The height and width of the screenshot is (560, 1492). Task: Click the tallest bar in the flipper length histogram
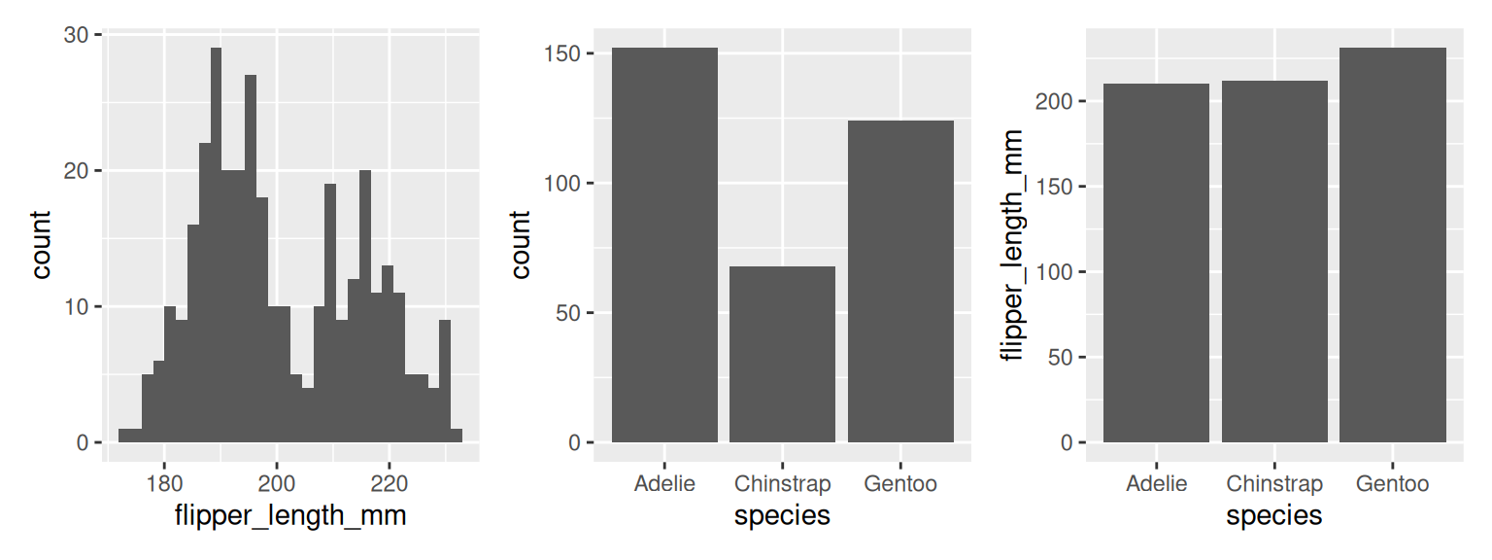click(216, 243)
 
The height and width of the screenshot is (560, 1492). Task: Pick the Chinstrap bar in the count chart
click(782, 354)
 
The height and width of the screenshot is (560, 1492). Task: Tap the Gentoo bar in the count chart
click(900, 282)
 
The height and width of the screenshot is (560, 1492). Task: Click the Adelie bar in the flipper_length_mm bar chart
click(1156, 262)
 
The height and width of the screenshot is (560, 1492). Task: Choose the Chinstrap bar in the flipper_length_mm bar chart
click(1274, 262)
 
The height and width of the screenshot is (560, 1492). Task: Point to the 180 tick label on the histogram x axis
click(164, 483)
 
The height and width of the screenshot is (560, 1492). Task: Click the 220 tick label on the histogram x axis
click(389, 483)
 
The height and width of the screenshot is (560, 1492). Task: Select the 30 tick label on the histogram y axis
click(76, 35)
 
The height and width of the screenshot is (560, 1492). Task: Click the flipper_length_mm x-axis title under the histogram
click(289, 515)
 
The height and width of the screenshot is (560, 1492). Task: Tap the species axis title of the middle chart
click(782, 515)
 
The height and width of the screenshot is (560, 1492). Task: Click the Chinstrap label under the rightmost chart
click(1274, 483)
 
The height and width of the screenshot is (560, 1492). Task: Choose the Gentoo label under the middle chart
click(900, 483)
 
